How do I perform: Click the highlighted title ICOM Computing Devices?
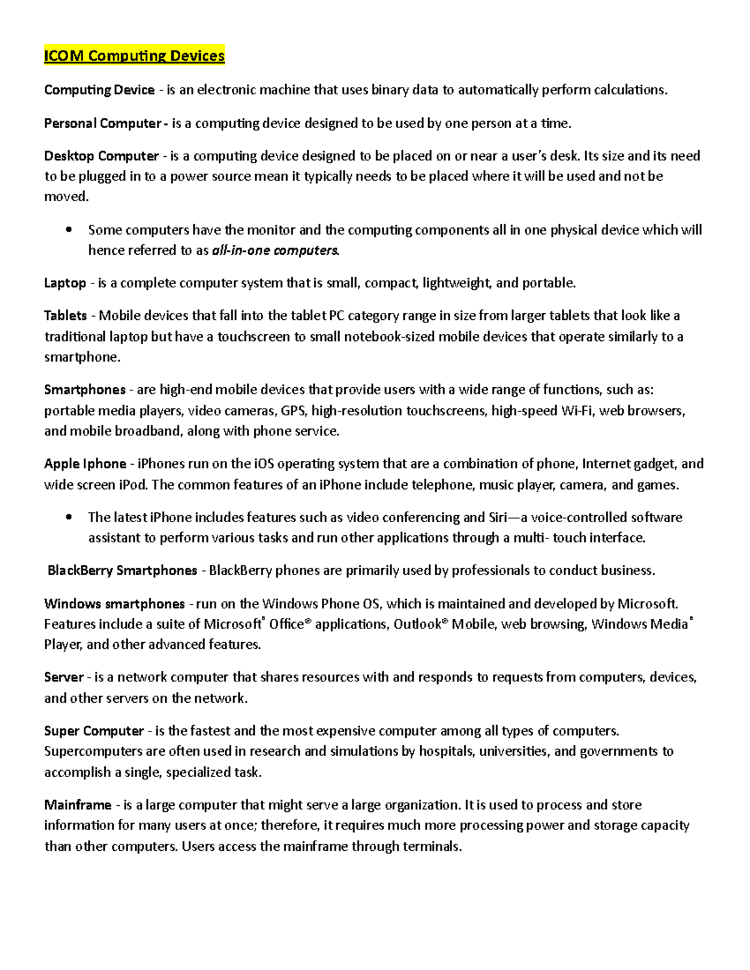click(134, 56)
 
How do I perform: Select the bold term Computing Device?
click(99, 90)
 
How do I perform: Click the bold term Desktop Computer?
click(101, 156)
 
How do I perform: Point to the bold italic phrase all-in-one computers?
click(275, 250)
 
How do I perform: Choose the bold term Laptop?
click(65, 283)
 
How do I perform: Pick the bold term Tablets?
click(66, 315)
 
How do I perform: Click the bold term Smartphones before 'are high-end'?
click(85, 390)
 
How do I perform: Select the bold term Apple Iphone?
click(85, 464)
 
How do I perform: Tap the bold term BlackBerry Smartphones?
click(122, 570)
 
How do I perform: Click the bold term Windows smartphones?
click(114, 604)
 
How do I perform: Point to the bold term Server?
click(64, 677)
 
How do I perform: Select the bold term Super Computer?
click(94, 731)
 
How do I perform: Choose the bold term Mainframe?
click(77, 805)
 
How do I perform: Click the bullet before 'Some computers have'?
click(69, 230)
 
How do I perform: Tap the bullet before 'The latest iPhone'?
click(69, 517)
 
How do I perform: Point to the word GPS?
click(293, 410)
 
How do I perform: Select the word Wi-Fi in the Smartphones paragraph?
click(577, 410)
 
